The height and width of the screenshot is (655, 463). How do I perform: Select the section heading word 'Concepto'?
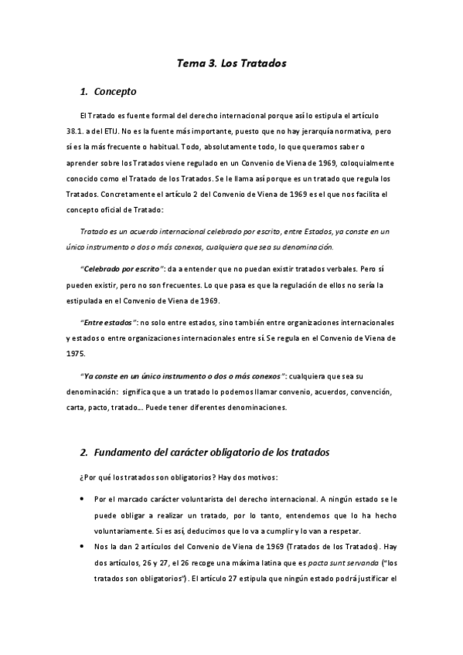click(x=116, y=92)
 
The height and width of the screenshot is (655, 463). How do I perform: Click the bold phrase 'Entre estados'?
click(x=108, y=322)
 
